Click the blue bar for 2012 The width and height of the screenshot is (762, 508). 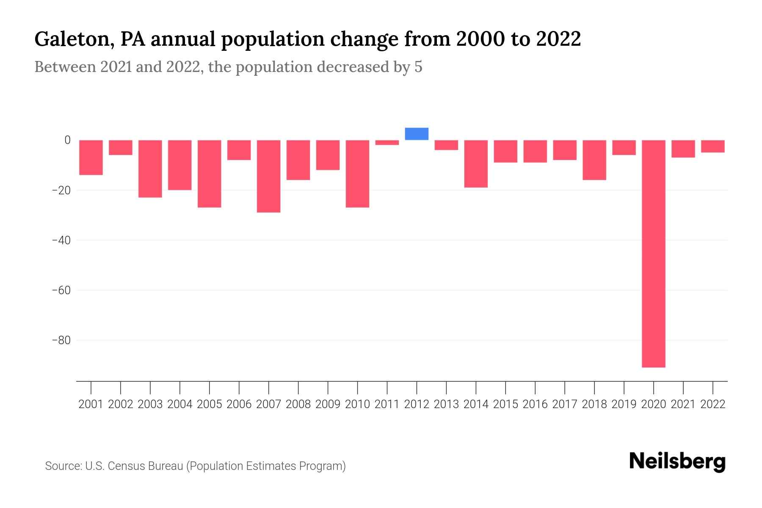(417, 134)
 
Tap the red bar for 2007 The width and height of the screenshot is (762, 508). (268, 176)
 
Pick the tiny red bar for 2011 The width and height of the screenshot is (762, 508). (387, 143)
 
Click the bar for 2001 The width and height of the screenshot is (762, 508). (91, 157)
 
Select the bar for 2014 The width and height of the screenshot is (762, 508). (476, 163)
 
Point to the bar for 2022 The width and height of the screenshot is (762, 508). (712, 146)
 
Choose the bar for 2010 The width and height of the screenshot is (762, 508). (357, 174)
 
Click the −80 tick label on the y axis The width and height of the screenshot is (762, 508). (61, 340)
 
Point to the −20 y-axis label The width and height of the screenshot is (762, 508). (61, 190)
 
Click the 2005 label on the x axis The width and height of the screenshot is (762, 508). (210, 404)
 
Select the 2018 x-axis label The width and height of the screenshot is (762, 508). (594, 404)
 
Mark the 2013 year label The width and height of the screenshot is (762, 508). (446, 404)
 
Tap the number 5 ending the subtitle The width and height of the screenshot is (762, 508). (418, 67)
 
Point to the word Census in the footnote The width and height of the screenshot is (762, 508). (126, 466)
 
